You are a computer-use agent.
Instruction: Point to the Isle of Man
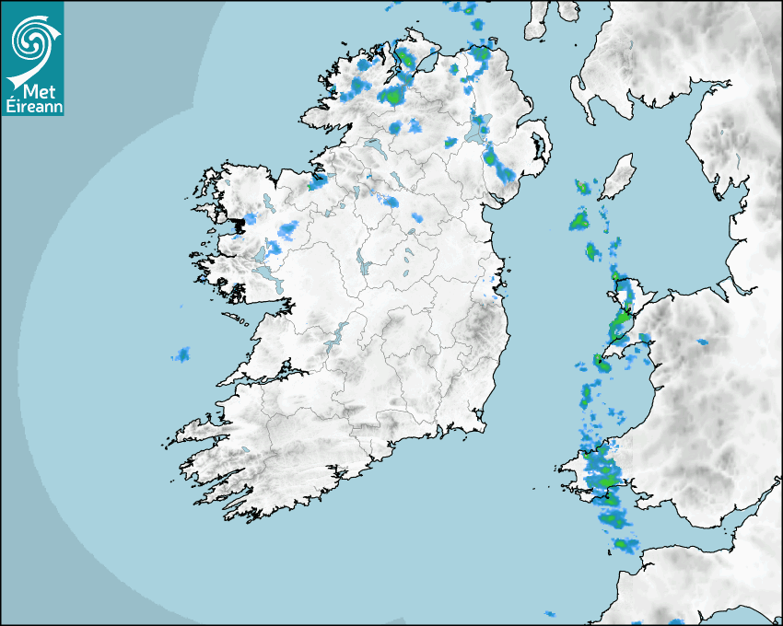(x=618, y=176)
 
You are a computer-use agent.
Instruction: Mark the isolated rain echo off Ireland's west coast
(x=181, y=354)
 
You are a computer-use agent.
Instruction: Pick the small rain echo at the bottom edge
(x=550, y=614)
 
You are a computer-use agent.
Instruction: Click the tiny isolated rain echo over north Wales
(x=702, y=342)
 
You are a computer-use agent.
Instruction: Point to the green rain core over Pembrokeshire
(x=605, y=478)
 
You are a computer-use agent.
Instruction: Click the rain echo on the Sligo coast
(x=319, y=181)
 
